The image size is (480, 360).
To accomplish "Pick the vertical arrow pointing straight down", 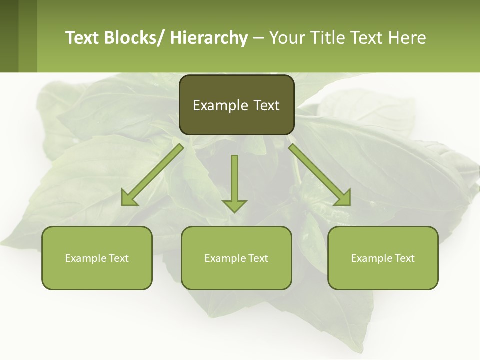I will (234, 182).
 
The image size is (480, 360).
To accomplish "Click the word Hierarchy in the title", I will (209, 38).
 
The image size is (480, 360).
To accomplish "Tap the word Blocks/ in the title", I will (135, 38).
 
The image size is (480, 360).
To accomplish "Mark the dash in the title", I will (258, 38).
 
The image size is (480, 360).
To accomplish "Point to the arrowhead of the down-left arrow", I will (129, 198).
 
